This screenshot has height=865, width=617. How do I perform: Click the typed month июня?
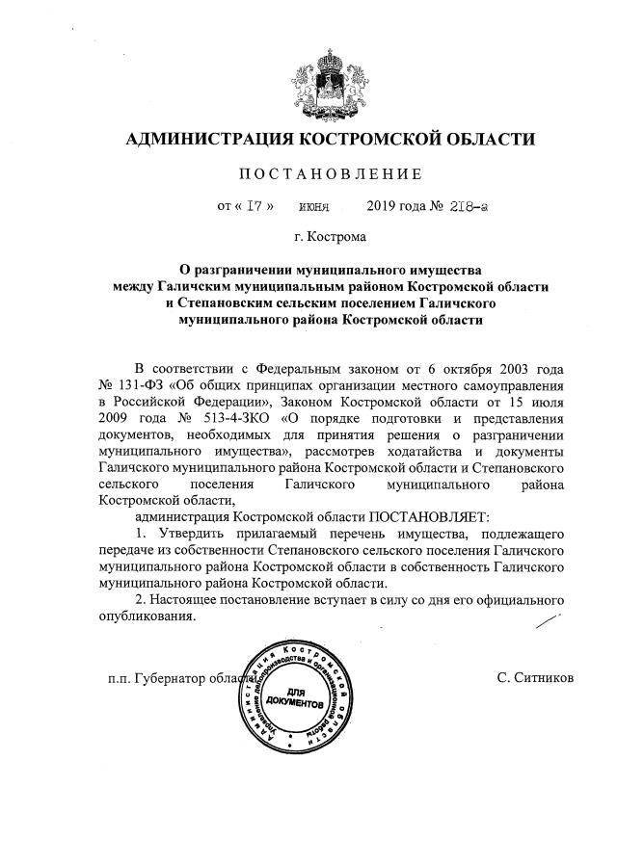tap(314, 206)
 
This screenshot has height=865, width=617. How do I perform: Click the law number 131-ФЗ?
tap(143, 387)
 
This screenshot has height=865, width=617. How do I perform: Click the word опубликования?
tap(148, 616)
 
